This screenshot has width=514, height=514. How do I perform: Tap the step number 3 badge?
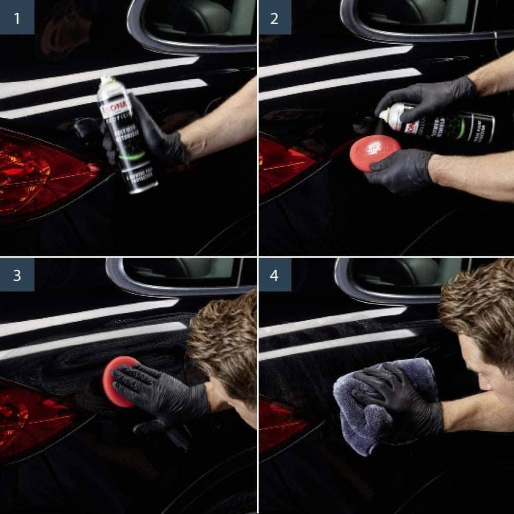(x=17, y=274)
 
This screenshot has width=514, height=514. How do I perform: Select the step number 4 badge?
(x=274, y=274)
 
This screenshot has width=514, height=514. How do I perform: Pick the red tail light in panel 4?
(x=280, y=421)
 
